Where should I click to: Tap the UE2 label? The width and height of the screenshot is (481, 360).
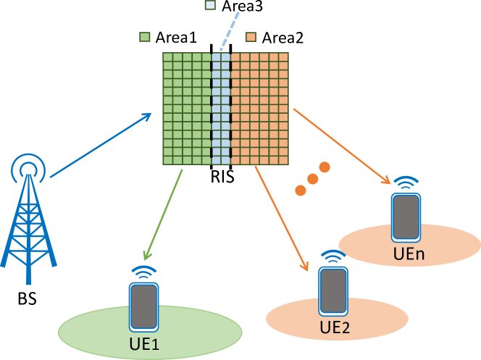[x=335, y=327]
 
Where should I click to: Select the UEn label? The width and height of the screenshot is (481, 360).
[x=409, y=254]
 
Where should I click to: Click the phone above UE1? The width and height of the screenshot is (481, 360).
[x=143, y=306]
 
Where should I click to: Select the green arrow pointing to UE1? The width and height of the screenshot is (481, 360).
[x=163, y=214]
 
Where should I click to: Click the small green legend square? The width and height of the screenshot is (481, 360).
[x=145, y=37]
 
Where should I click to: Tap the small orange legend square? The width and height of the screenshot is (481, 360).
[x=251, y=37]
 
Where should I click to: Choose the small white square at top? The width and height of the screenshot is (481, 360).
[x=210, y=5]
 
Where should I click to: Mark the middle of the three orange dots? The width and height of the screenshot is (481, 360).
[x=312, y=178]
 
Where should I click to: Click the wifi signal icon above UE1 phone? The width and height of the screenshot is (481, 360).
[x=144, y=272]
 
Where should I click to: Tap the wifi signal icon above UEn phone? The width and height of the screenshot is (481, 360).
[x=407, y=182]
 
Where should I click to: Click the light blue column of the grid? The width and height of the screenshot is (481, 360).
[x=221, y=109]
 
